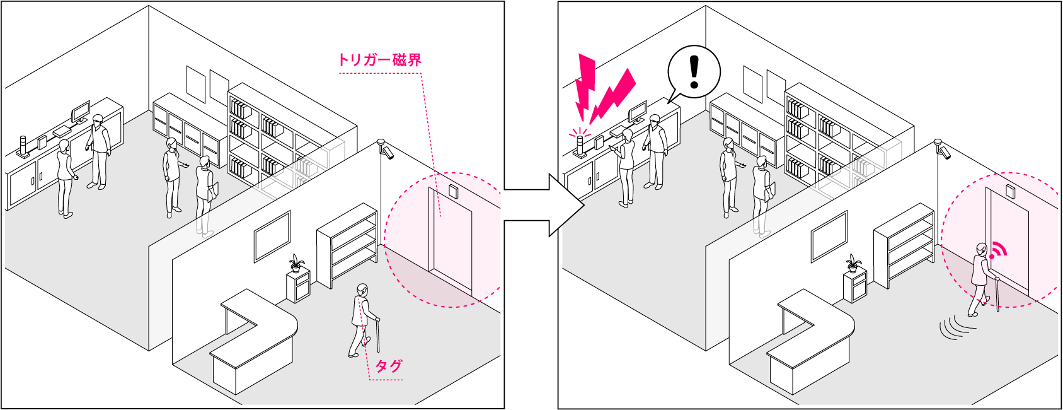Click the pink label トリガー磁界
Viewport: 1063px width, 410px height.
[379, 60]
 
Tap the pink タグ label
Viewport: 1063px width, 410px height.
[388, 366]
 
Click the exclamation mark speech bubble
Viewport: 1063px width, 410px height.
[694, 71]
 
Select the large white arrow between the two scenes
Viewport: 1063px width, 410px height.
[567, 204]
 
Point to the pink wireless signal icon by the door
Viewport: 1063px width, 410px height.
[996, 251]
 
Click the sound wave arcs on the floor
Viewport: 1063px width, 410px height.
[955, 326]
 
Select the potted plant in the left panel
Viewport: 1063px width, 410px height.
[296, 264]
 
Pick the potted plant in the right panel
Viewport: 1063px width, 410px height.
[853, 263]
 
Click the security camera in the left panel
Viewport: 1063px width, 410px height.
[386, 149]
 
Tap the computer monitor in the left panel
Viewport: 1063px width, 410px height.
[81, 113]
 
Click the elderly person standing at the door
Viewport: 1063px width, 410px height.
[980, 278]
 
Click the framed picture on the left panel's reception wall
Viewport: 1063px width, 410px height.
[272, 236]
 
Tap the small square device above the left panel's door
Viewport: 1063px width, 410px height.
[454, 191]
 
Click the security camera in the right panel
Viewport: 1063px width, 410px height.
[943, 149]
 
